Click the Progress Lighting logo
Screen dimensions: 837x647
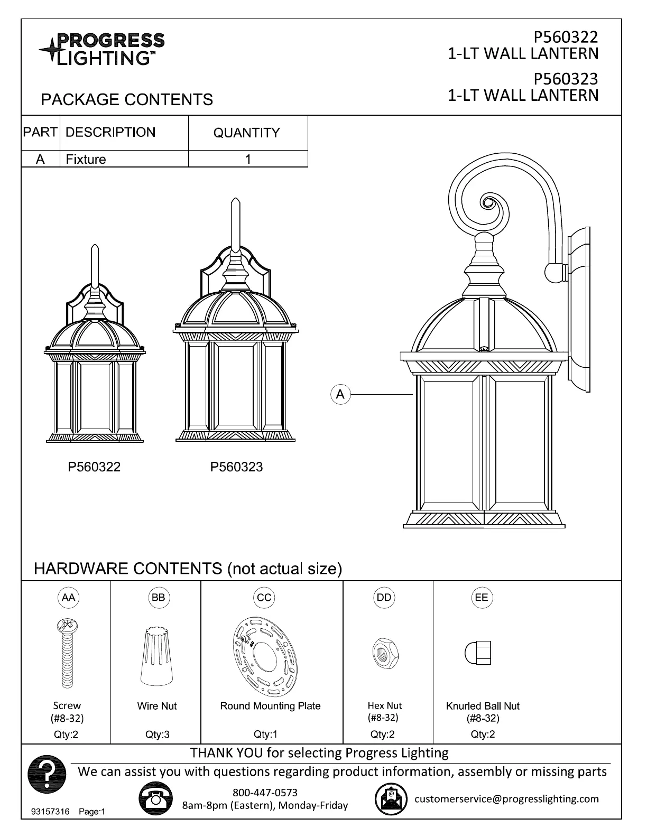tap(102, 49)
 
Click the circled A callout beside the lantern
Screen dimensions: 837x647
tap(340, 394)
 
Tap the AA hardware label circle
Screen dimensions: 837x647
tap(68, 598)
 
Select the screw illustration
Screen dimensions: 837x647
tap(67, 654)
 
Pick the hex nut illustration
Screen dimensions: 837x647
tap(384, 653)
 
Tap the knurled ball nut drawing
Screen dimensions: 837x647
tap(478, 654)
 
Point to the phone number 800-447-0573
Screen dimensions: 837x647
tap(265, 793)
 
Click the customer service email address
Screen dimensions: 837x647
tap(506, 798)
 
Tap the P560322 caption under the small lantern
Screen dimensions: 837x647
tap(94, 467)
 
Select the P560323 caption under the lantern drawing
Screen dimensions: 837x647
tap(236, 467)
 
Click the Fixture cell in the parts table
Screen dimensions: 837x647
tap(86, 159)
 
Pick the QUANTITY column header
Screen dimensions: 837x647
tap(246, 133)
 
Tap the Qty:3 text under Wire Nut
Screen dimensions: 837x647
tap(158, 734)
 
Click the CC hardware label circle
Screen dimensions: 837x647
tap(264, 598)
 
